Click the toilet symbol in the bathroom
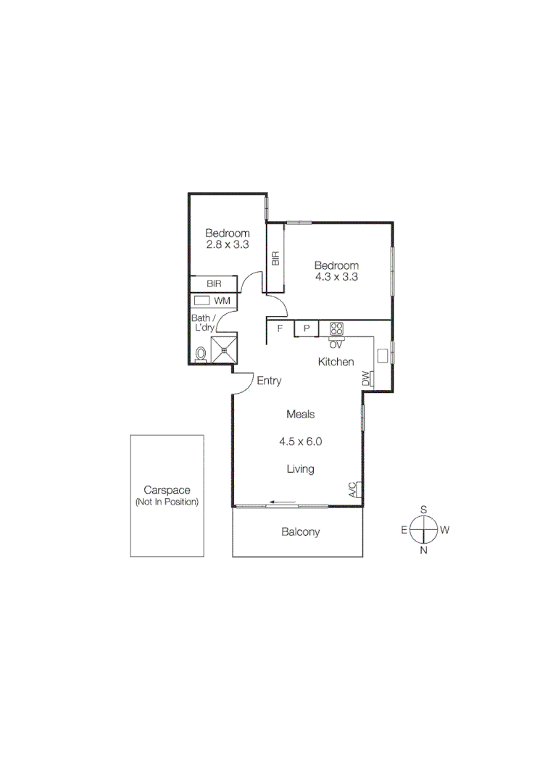click(201, 354)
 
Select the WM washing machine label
click(222, 300)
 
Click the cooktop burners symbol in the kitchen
click(336, 328)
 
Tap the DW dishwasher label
click(366, 378)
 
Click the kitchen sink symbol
click(382, 355)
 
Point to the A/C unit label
click(353, 490)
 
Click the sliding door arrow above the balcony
click(282, 501)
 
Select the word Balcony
click(300, 532)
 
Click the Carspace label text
click(166, 490)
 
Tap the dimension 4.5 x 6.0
click(300, 441)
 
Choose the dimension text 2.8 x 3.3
click(228, 245)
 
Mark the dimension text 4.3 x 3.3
click(336, 276)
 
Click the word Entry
click(269, 381)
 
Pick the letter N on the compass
click(423, 550)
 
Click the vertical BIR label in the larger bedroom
click(275, 259)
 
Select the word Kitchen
click(336, 362)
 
